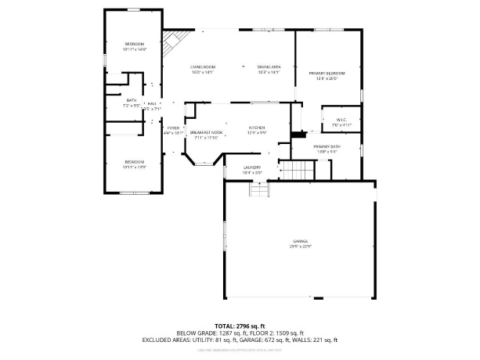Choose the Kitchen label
click(257, 128)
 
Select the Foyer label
click(172, 131)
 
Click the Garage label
click(301, 243)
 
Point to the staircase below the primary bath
click(297, 169)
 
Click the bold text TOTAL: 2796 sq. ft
click(240, 326)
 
